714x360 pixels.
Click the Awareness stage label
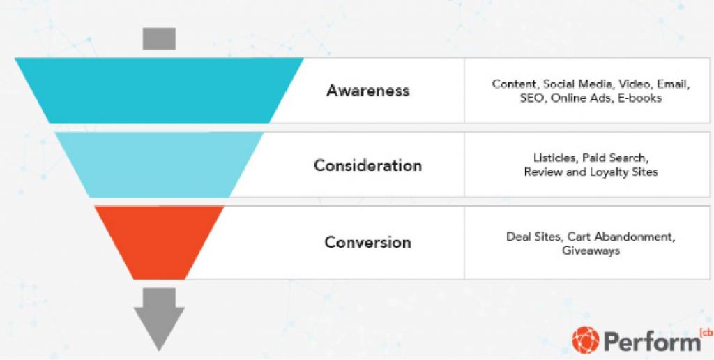(x=367, y=91)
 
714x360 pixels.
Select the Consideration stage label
(x=367, y=165)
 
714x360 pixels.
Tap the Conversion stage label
(x=367, y=242)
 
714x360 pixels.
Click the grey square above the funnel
(x=159, y=39)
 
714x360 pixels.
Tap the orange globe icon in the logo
(x=585, y=340)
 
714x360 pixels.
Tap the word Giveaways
(x=591, y=250)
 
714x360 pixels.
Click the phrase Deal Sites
(x=533, y=237)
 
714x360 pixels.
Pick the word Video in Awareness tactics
(x=634, y=84)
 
